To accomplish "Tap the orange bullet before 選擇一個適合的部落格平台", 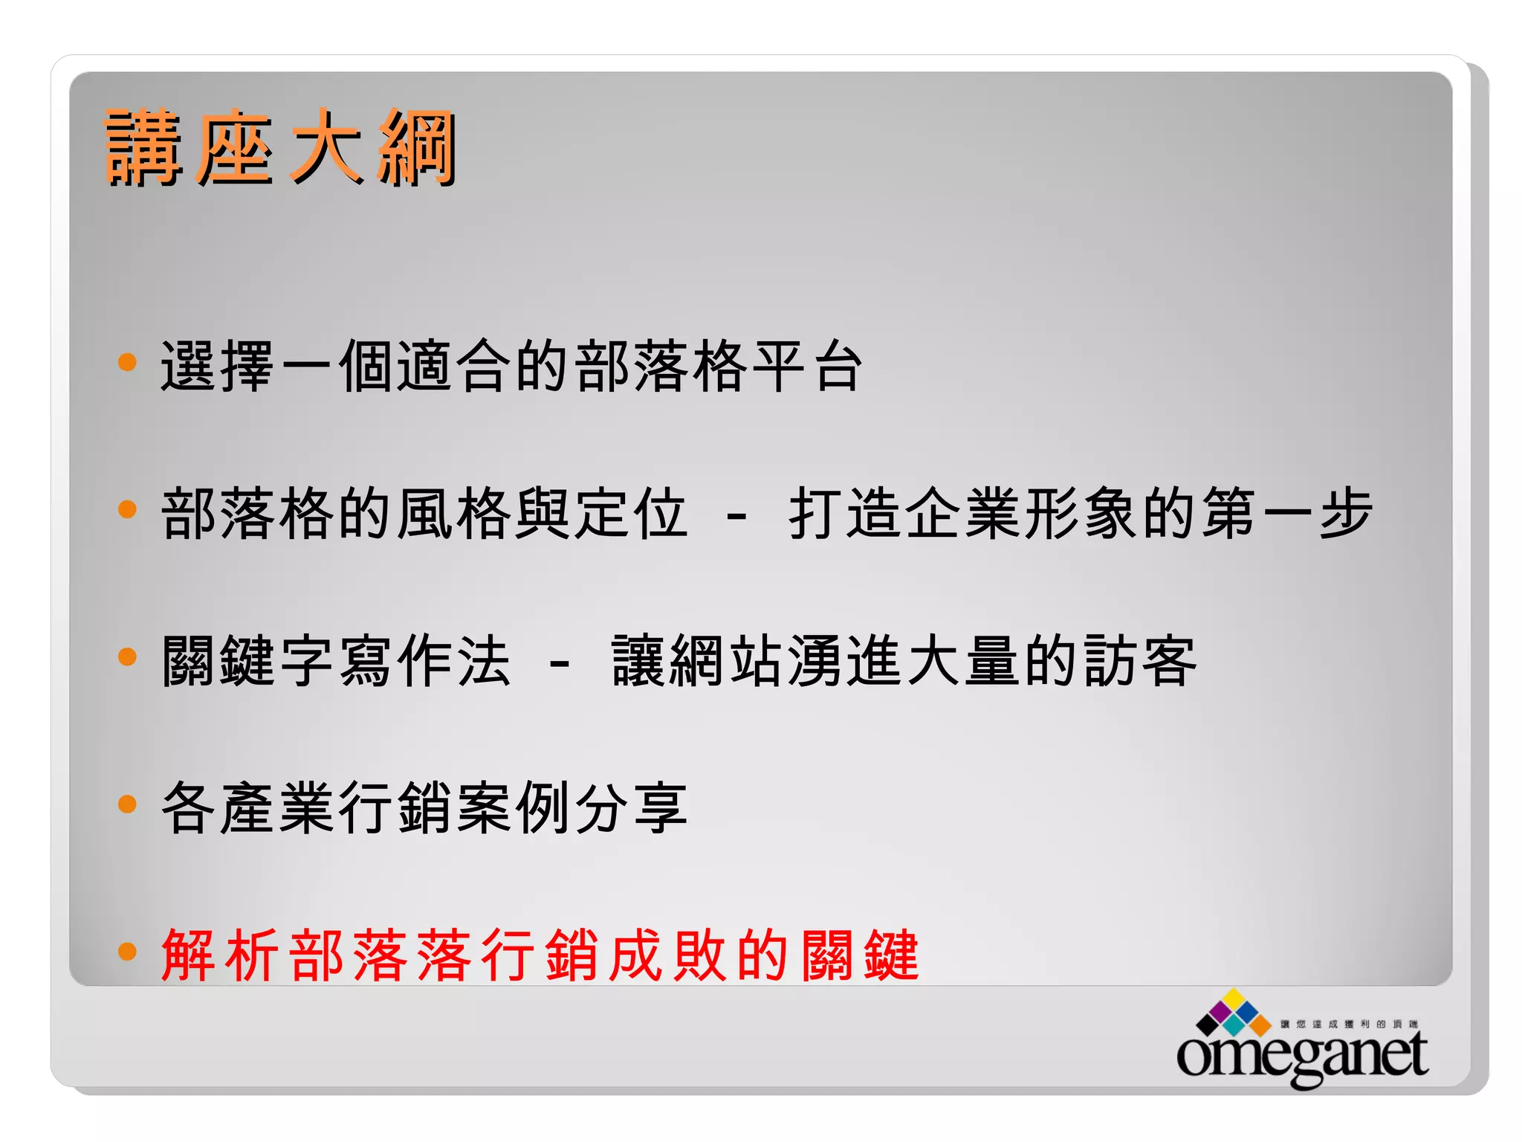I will pyautogui.click(x=128, y=362).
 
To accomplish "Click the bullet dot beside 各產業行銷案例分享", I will pyautogui.click(x=128, y=804).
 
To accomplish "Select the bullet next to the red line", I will pyautogui.click(x=128, y=951).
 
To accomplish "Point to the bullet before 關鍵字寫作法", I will pyautogui.click(x=128, y=657).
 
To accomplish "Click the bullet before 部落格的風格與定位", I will pyautogui.click(x=128, y=509).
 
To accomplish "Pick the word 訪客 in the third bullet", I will pyautogui.click(x=1139, y=660).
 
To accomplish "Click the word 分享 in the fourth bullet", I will pyautogui.click(x=630, y=807).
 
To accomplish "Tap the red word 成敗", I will pyautogui.click(x=667, y=955).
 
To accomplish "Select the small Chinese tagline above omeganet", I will pyautogui.click(x=1348, y=1024).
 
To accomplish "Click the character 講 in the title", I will pyautogui.click(x=143, y=147).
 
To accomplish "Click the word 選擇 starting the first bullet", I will pyautogui.click(x=218, y=366).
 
